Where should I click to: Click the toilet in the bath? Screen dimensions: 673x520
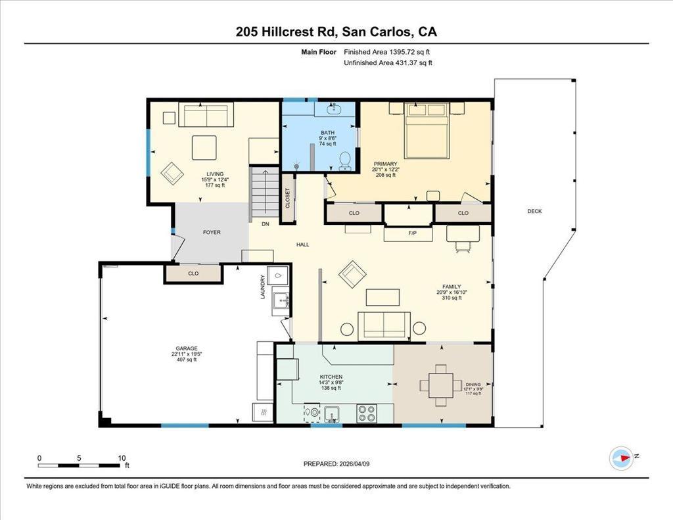(x=345, y=162)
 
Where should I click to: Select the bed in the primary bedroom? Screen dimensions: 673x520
(x=427, y=130)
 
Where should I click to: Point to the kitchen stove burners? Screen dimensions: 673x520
(x=367, y=414)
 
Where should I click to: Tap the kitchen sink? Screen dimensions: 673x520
(x=332, y=415)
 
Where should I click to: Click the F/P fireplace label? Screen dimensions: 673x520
(x=413, y=233)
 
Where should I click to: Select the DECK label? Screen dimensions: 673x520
(x=534, y=211)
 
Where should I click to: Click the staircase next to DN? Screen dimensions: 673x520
(x=266, y=194)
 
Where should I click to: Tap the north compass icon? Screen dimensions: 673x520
(x=622, y=458)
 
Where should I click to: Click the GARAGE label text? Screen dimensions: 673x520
(x=187, y=348)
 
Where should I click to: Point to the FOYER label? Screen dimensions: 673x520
(x=212, y=232)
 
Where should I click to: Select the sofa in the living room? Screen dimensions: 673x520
(x=206, y=114)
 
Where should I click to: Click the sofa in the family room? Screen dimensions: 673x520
(x=384, y=325)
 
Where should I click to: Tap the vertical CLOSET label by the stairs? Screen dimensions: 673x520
(x=288, y=198)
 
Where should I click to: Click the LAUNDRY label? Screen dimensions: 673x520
(x=263, y=287)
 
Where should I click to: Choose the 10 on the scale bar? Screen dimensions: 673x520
(x=122, y=458)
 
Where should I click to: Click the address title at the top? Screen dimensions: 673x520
(x=336, y=32)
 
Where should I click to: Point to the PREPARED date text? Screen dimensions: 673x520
(x=336, y=463)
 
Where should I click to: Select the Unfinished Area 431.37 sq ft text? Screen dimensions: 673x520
(x=388, y=62)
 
